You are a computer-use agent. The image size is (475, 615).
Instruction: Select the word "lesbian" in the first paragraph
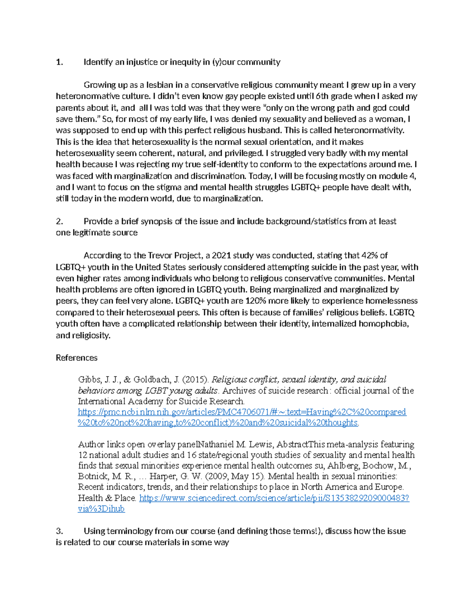click(160, 85)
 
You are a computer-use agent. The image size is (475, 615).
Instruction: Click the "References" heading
click(76, 358)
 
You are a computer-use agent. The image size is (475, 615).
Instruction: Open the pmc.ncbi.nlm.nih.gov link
click(242, 412)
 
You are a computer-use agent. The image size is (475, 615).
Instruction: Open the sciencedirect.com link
click(274, 498)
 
